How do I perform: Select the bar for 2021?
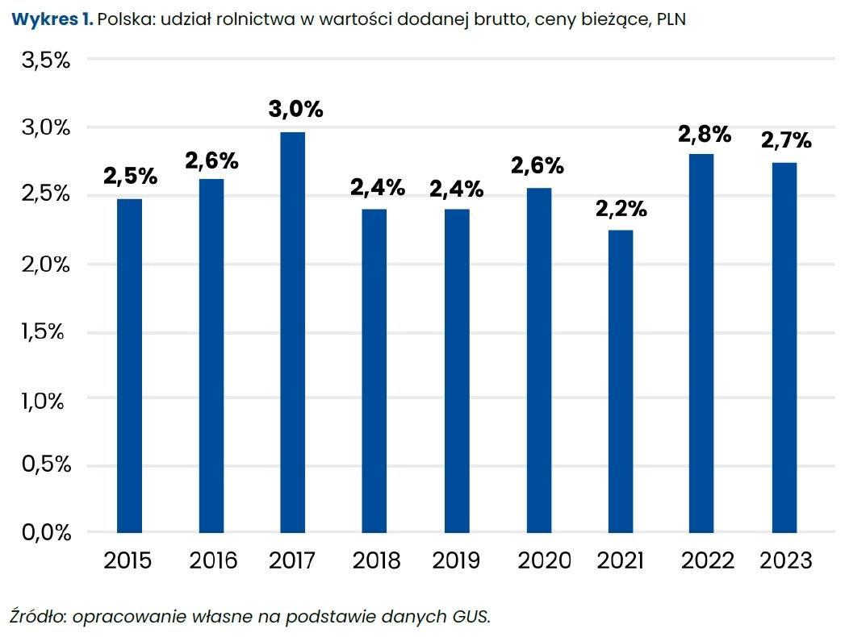621,381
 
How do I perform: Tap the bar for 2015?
129,365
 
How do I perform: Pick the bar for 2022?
702,343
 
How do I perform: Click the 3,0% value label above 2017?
296,109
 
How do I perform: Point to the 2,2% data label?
621,210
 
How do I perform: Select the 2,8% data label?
704,134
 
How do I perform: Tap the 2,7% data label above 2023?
785,141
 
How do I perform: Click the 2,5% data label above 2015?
130,176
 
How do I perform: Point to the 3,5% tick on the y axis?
45,61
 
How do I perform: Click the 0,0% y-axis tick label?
45,532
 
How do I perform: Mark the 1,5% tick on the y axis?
45,331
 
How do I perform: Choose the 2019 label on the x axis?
456,560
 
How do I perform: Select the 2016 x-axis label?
213,560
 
